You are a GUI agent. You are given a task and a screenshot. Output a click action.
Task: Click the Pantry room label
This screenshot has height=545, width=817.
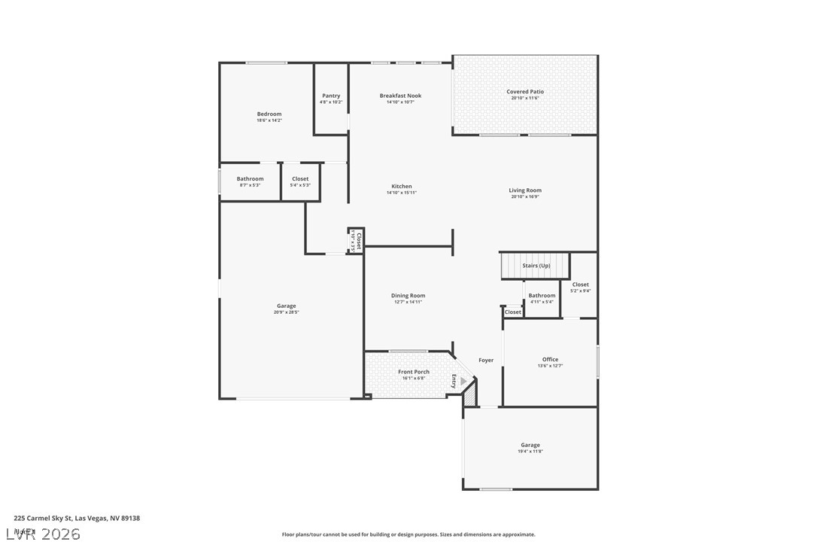point(331,96)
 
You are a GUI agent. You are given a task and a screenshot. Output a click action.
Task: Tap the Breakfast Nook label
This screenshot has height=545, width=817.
point(400,96)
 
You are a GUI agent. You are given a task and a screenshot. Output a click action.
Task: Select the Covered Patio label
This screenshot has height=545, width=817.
point(525,92)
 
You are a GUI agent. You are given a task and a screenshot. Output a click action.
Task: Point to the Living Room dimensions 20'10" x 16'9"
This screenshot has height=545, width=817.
point(525,197)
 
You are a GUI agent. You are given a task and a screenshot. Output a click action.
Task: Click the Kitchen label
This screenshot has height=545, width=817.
point(402,186)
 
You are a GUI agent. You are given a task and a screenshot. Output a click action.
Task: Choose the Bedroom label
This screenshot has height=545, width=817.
point(269,114)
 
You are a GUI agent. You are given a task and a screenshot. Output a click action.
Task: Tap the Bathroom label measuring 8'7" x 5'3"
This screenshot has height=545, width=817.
point(251,179)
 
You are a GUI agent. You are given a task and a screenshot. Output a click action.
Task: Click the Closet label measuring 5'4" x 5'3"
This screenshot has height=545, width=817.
point(300,179)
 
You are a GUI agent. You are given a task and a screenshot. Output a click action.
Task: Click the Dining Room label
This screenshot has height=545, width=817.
point(408,296)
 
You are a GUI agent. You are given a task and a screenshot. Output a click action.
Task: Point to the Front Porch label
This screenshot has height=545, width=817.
point(414,372)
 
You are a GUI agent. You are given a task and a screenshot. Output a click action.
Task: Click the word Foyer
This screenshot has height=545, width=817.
point(487,360)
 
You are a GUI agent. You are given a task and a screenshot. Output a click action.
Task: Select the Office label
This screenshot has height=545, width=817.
point(550,359)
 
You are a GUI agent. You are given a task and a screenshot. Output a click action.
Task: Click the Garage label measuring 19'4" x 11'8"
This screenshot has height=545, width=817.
point(530,445)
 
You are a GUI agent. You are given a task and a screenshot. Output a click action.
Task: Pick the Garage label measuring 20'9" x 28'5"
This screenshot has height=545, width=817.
point(286,306)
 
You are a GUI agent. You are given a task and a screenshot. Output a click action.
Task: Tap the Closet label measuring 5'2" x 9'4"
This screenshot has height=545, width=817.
point(581,285)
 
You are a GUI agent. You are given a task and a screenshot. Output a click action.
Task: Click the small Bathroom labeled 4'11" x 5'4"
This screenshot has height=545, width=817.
point(542,296)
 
